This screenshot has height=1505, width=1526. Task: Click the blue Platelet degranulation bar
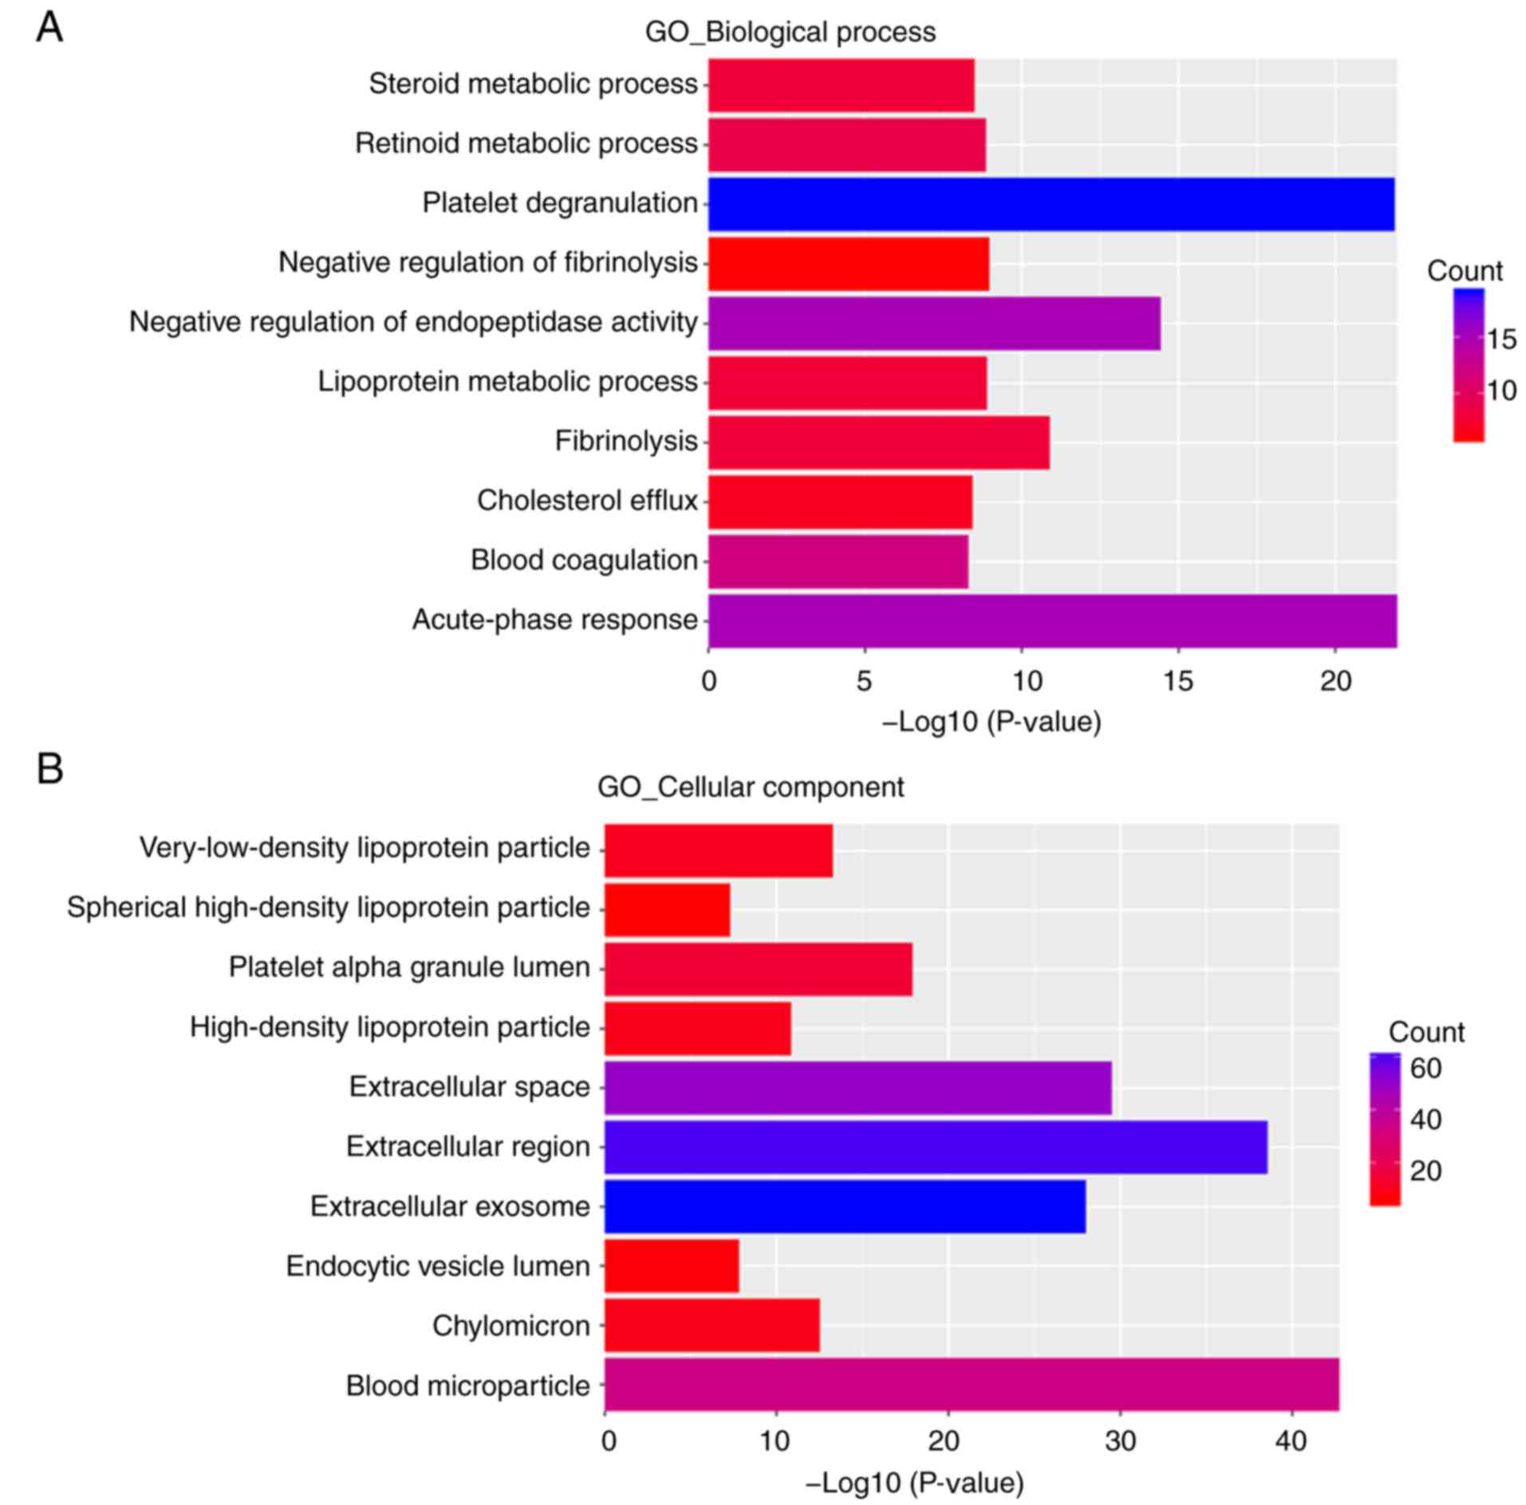pos(1051,204)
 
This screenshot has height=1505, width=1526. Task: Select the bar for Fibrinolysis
pos(878,442)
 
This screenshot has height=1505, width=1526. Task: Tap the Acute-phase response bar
pos(1051,621)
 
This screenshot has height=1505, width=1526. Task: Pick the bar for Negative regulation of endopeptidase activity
pos(933,323)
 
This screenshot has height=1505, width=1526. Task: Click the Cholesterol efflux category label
pos(587,501)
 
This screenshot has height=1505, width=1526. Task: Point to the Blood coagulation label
pos(584,561)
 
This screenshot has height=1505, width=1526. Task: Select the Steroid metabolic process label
pos(533,84)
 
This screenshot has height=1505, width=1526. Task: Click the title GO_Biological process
pos(790,32)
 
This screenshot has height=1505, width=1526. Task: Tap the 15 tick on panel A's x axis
pos(1177,681)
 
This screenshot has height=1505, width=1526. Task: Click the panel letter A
pos(49,29)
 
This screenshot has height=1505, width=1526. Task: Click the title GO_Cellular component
pos(750,788)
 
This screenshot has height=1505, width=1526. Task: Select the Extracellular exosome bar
pos(845,1207)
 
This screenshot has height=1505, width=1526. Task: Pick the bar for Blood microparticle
pos(972,1385)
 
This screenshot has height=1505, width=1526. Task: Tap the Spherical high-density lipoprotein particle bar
pos(667,909)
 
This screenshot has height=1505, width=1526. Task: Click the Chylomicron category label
pos(511,1325)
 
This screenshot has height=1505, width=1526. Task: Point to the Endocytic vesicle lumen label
pos(437,1266)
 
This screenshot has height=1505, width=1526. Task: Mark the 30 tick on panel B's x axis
pos(1120,1441)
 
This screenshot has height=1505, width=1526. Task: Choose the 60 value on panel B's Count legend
pos(1426,1068)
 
